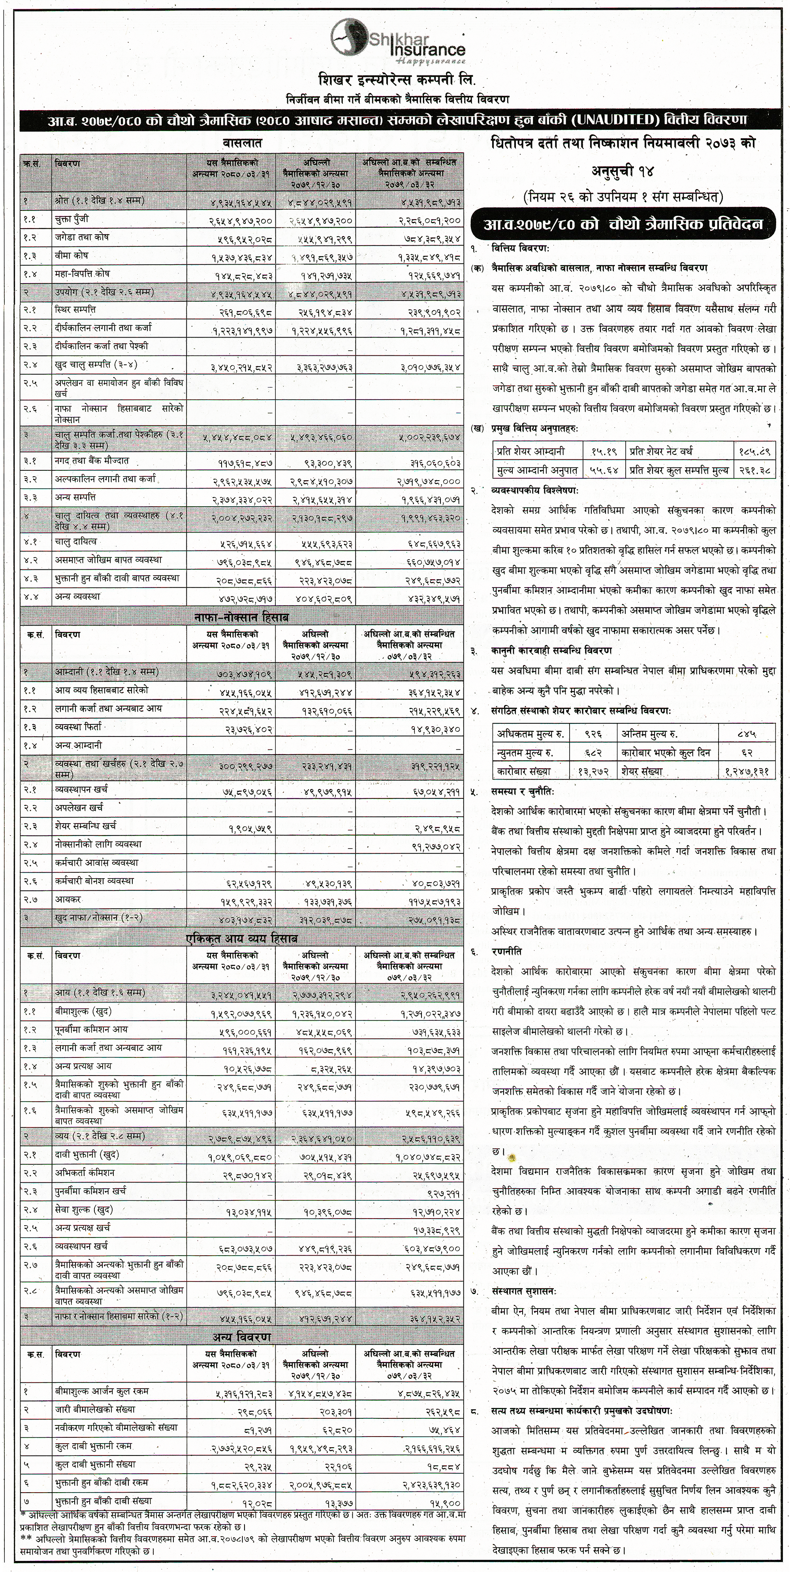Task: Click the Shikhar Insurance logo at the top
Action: pyautogui.click(x=397, y=41)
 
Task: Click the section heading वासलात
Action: pyautogui.click(x=242, y=144)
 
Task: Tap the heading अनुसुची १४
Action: pyautogui.click(x=623, y=172)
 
